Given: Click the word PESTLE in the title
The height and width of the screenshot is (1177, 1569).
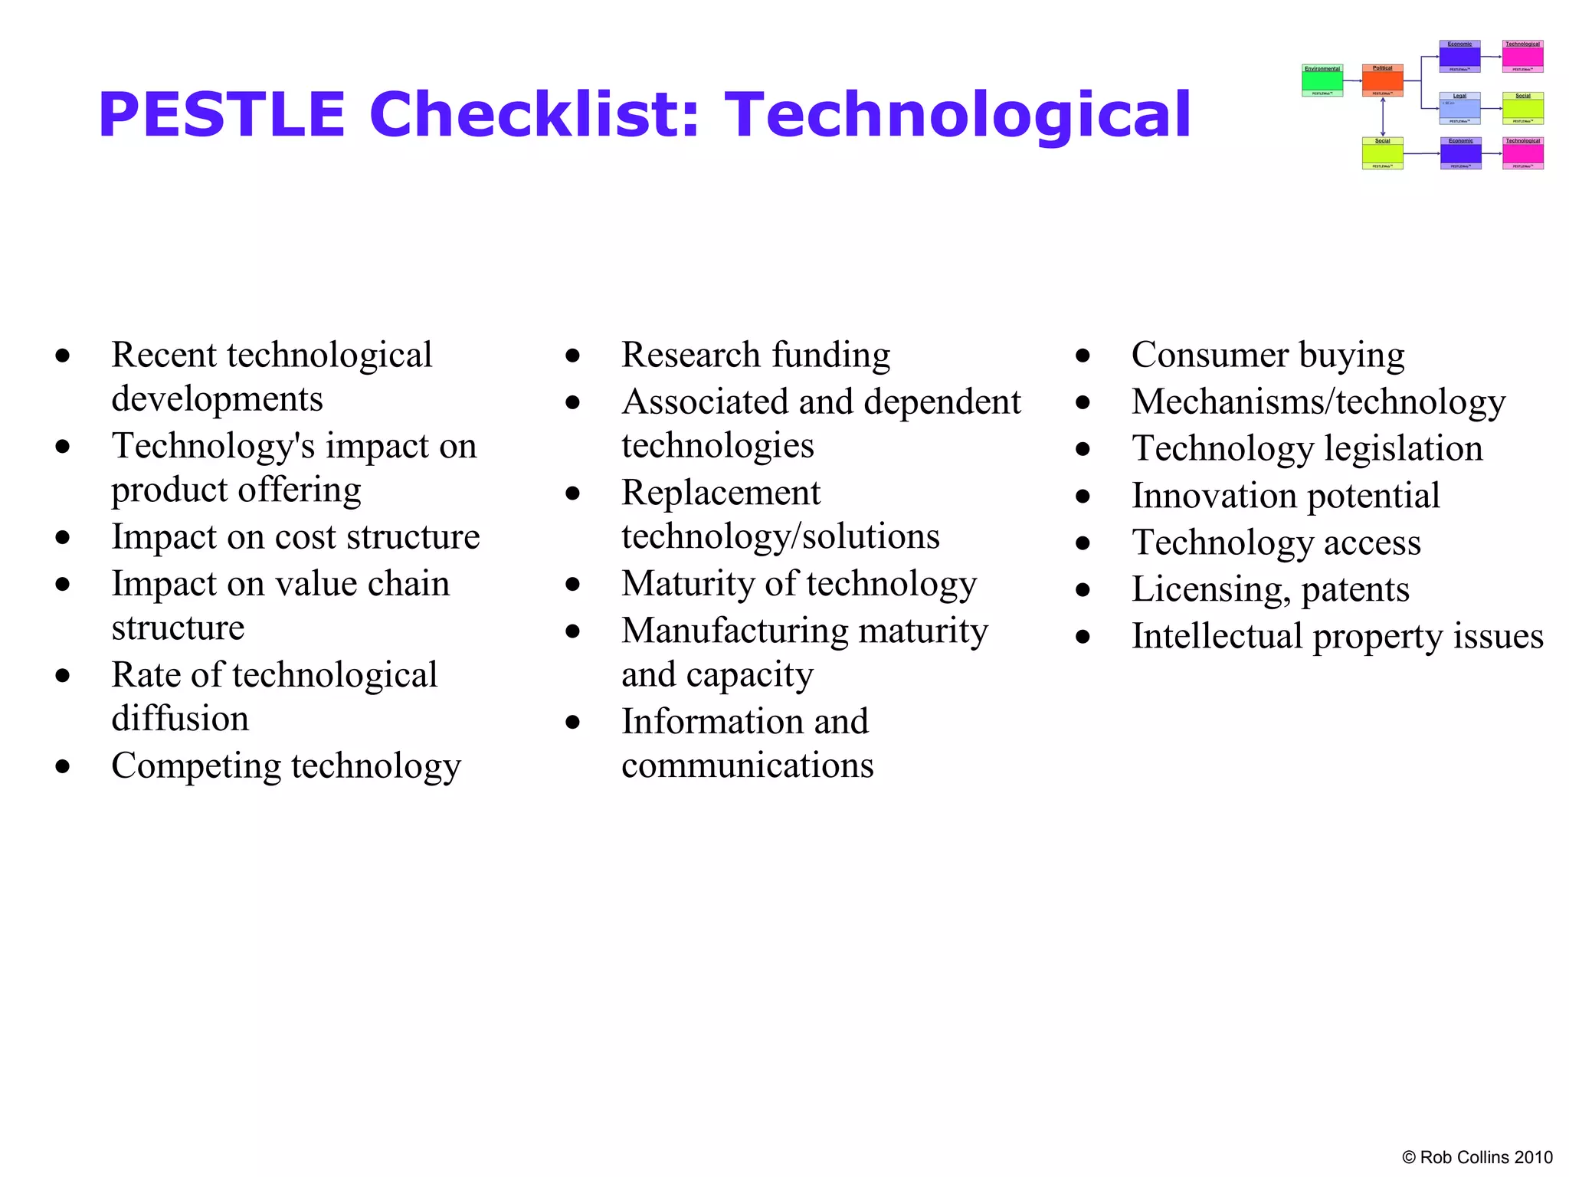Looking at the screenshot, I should click(222, 115).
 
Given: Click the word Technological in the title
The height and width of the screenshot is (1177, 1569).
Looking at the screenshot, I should click(958, 115).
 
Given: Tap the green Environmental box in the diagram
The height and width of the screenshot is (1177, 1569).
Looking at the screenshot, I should click(1322, 80).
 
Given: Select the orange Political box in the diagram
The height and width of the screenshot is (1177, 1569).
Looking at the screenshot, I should click(1383, 80).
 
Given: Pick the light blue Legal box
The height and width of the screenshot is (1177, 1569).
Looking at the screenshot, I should click(1459, 108).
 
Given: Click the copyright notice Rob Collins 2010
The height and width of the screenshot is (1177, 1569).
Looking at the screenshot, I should click(1477, 1157).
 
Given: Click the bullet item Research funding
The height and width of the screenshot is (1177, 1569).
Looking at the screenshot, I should click(755, 355).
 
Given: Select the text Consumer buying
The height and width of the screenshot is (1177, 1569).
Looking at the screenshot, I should click(1268, 355).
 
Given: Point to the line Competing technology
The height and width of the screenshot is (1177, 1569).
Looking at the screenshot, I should click(286, 766).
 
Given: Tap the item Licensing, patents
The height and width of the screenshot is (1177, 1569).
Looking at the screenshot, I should click(1270, 589).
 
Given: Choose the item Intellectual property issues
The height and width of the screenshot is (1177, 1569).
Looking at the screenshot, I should click(1338, 636).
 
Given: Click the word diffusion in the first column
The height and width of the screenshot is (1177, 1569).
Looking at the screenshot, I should click(180, 719).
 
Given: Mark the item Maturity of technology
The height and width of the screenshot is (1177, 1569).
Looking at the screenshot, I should click(799, 584).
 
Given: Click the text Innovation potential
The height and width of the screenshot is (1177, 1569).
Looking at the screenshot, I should click(1286, 496).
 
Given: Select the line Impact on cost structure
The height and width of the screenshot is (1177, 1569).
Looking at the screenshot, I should click(296, 536).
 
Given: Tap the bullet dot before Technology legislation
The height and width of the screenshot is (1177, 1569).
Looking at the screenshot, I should click(1083, 450).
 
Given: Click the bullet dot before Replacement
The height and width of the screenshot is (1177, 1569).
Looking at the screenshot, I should click(572, 493).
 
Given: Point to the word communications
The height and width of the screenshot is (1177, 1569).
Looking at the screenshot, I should click(747, 766).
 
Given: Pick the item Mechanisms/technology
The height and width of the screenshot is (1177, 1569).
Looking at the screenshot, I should click(1318, 402).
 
